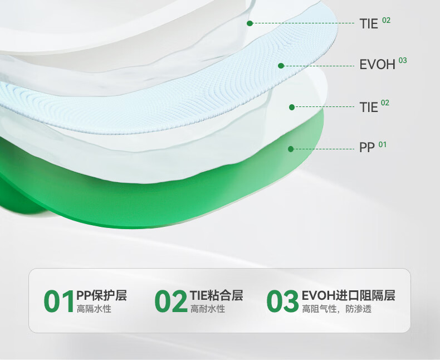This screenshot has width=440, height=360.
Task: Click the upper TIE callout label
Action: [369, 23]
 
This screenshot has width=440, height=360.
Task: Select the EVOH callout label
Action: [378, 65]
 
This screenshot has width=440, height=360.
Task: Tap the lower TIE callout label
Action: [369, 107]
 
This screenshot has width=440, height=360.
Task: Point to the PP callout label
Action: [367, 147]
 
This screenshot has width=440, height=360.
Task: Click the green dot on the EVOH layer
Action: [281, 66]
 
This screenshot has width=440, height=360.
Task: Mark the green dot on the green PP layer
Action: [291, 149]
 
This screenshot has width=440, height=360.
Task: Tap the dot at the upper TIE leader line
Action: [250, 23]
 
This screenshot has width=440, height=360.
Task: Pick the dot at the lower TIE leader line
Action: [292, 107]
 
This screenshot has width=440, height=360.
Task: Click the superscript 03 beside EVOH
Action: [402, 60]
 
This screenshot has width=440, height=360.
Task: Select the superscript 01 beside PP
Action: [383, 145]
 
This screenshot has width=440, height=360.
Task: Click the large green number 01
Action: [59, 301]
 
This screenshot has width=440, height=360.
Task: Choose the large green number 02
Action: [170, 301]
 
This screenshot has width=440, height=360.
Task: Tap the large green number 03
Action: [282, 301]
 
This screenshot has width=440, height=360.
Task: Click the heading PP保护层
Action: [101, 295]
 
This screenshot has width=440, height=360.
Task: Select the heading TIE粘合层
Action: [216, 295]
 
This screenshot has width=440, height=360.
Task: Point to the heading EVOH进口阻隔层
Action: [349, 295]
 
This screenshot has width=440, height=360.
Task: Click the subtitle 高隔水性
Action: [94, 309]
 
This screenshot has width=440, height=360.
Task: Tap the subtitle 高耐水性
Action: [208, 309]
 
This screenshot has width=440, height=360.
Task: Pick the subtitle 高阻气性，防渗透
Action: [337, 309]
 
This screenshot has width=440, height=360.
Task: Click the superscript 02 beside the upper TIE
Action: [387, 20]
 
